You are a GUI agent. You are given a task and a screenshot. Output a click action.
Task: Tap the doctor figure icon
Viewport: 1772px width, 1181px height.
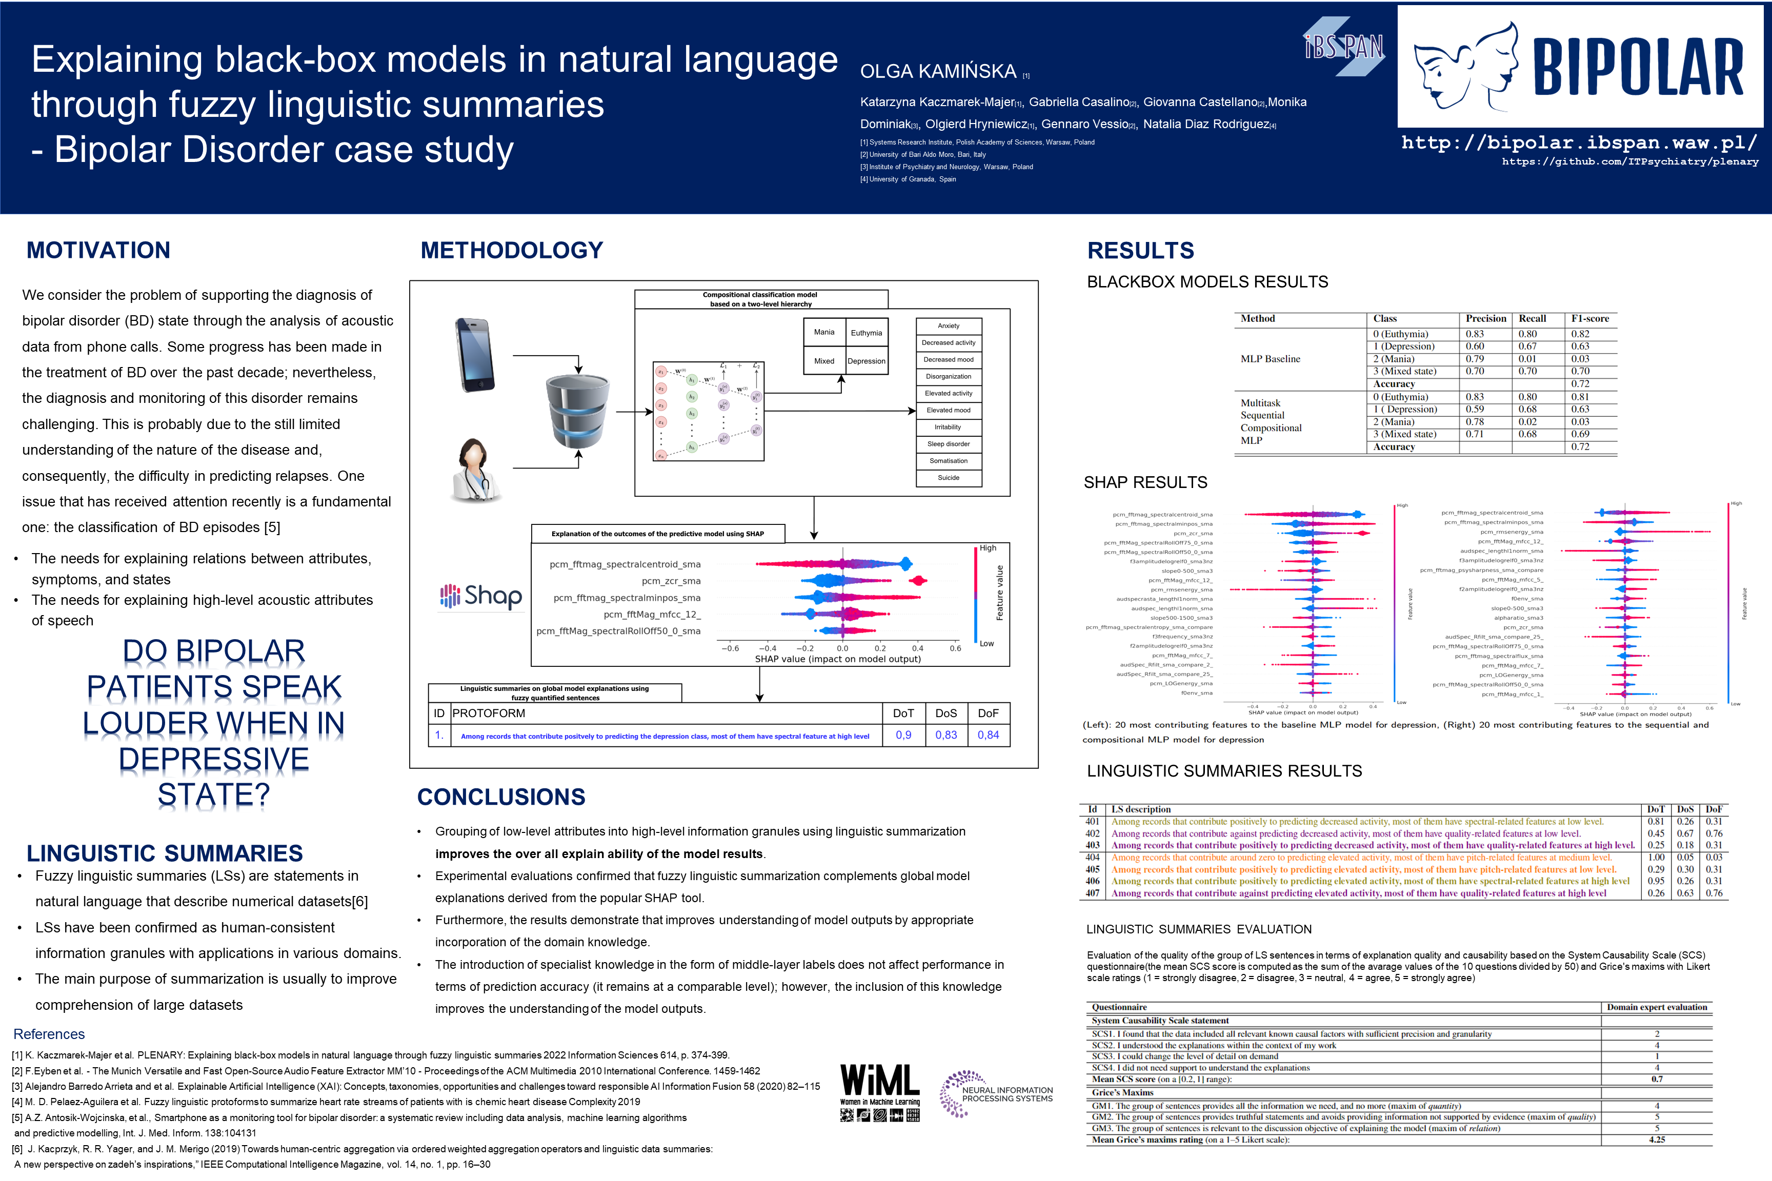point(475,471)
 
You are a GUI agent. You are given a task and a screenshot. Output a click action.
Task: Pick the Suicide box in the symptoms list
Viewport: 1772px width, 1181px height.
point(949,478)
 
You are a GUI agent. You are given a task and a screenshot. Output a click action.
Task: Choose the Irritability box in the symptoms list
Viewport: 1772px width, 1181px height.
point(949,427)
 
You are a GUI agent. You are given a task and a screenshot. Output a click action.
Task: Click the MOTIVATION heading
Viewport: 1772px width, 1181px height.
point(98,250)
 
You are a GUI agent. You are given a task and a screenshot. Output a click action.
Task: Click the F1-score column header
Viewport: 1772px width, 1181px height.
point(1589,319)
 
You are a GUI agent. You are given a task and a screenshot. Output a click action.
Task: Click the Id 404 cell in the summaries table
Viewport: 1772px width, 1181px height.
point(1093,857)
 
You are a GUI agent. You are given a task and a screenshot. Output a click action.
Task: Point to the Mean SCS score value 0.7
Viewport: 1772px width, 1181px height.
point(1657,1080)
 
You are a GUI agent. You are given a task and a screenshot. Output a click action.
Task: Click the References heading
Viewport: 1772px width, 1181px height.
point(49,1034)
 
